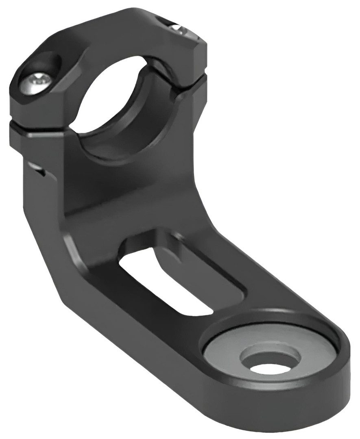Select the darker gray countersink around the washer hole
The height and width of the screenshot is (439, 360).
pyautogui.click(x=260, y=350)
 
